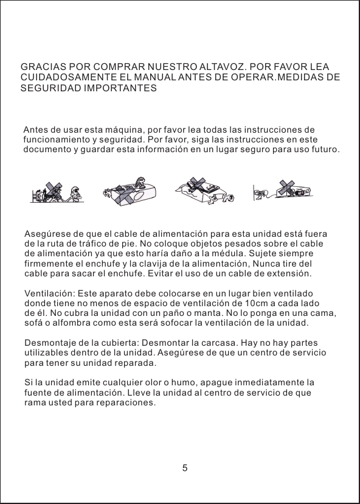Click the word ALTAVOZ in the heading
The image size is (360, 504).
click(220, 66)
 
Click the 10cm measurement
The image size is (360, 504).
click(261, 303)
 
